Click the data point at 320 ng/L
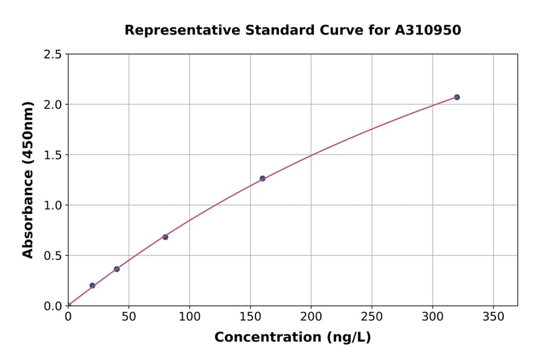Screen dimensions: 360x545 pyautogui.click(x=457, y=97)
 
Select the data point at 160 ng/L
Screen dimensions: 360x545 pyautogui.click(x=262, y=178)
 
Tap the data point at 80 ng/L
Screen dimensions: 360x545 pyautogui.click(x=165, y=237)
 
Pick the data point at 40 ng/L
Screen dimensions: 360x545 pyautogui.click(x=117, y=269)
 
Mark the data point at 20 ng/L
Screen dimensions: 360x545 pyautogui.click(x=92, y=285)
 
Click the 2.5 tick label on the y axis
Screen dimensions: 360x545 pyautogui.click(x=53, y=55)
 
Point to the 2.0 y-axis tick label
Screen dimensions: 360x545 pyautogui.click(x=53, y=105)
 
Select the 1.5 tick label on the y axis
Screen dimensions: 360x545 pyautogui.click(x=53, y=155)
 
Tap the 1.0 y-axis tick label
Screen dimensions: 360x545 pyautogui.click(x=53, y=205)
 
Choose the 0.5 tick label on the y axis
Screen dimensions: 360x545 pyautogui.click(x=53, y=256)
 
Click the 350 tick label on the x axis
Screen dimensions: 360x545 pyautogui.click(x=493, y=317)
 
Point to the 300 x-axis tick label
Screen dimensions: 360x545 pyautogui.click(x=432, y=317)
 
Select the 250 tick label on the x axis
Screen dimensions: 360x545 pyautogui.click(x=371, y=317)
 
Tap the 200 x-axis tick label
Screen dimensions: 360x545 pyautogui.click(x=311, y=317)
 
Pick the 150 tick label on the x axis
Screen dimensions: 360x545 pyautogui.click(x=250, y=317)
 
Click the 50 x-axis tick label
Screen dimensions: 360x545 pyautogui.click(x=128, y=317)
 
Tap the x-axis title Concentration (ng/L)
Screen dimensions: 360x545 pyautogui.click(x=292, y=338)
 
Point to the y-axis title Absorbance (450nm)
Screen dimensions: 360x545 pyautogui.click(x=28, y=179)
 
